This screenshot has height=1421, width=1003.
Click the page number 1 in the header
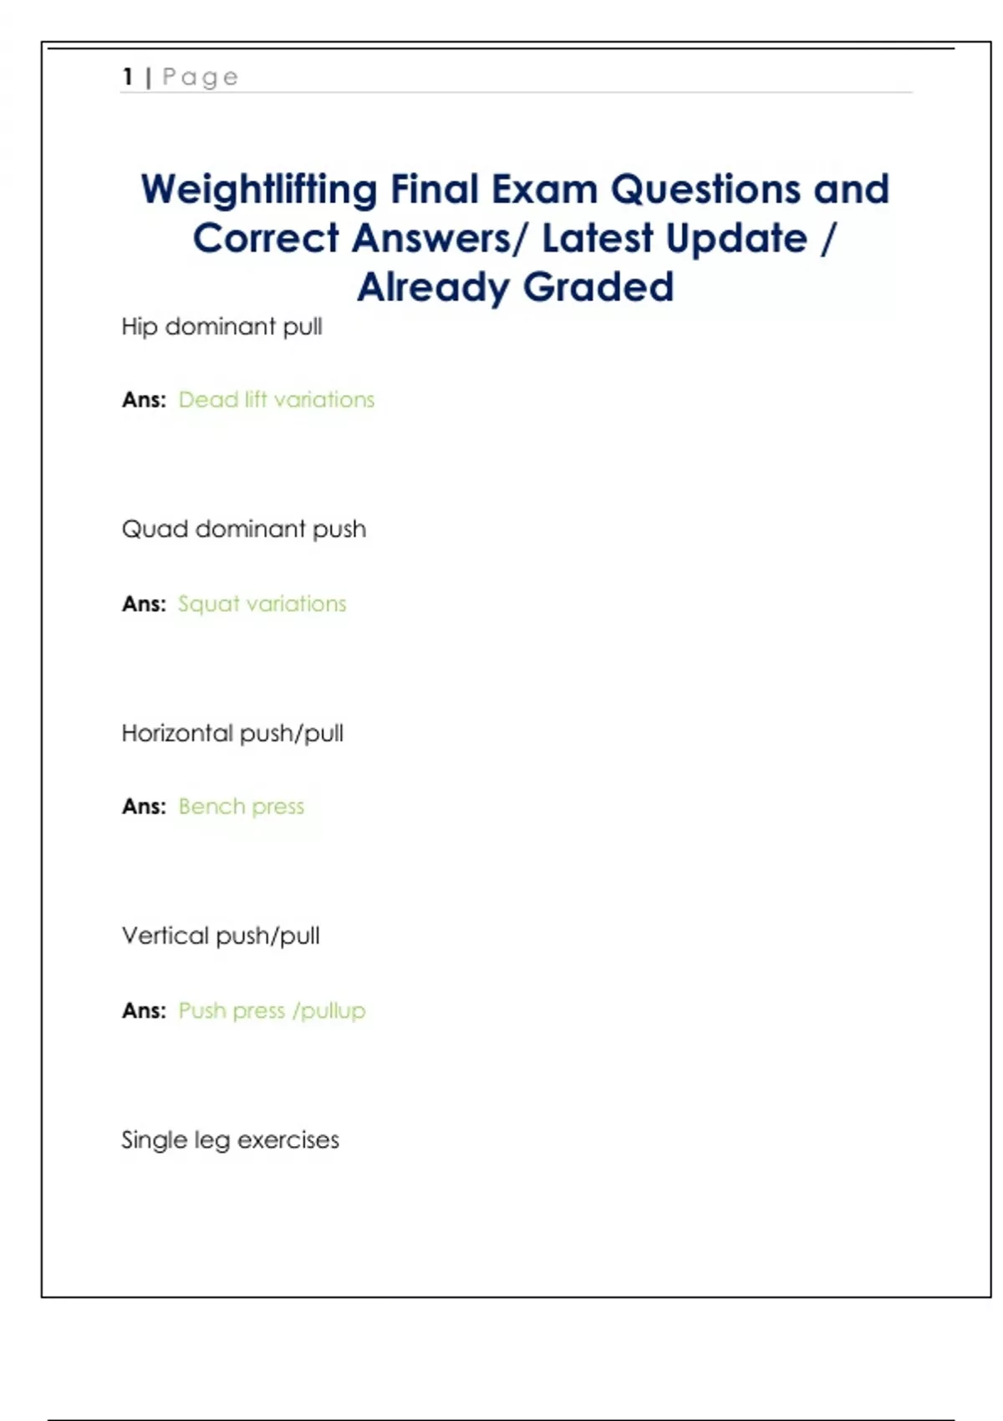(128, 77)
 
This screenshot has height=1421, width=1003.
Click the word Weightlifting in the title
(259, 190)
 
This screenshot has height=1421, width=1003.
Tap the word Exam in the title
(544, 190)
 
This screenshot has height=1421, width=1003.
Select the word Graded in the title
(598, 288)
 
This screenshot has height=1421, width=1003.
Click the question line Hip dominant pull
(221, 327)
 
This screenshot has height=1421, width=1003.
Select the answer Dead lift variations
(277, 400)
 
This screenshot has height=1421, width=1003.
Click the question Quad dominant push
(243, 529)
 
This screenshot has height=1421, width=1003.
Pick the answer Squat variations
(262, 604)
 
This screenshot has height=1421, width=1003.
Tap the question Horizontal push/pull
(232, 733)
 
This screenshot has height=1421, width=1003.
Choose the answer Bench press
(242, 807)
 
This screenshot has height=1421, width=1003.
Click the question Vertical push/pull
(221, 935)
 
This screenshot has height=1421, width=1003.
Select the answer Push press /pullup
(272, 1011)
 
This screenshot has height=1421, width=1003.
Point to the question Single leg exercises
(230, 1140)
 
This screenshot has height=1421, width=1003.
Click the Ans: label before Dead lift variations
(144, 400)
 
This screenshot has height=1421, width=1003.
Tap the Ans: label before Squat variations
(144, 604)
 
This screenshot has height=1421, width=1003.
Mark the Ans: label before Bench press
(144, 807)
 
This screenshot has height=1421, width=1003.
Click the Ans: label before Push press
(144, 1011)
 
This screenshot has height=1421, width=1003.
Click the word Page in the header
(201, 78)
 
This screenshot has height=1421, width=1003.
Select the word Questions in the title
(706, 190)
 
